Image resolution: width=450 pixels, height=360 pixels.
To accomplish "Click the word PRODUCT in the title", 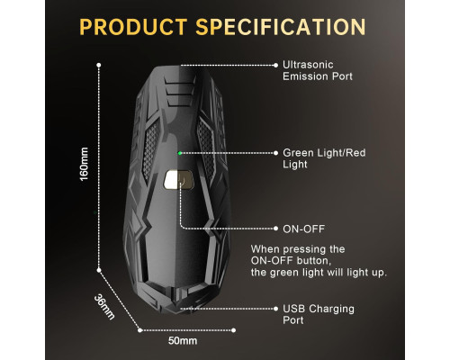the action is tap(133, 27).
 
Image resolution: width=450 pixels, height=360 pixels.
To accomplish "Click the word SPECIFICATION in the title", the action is tap(281, 27).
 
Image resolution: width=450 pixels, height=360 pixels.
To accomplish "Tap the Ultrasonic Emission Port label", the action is tap(318, 70).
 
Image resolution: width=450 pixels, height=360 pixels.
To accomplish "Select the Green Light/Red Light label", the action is tap(324, 158).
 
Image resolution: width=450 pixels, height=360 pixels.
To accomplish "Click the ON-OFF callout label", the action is tap(303, 229).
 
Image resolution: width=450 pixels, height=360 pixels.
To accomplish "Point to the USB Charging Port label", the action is tap(319, 314).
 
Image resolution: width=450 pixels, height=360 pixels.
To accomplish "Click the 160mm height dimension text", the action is tap(84, 164).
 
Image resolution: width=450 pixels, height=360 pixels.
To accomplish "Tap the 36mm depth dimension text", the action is tap(104, 307).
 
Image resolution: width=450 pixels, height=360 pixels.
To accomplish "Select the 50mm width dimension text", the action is tap(183, 341).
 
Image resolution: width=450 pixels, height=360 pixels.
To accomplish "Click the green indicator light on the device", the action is tap(180, 153).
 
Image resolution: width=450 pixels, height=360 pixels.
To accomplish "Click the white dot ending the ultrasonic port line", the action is tap(276, 65).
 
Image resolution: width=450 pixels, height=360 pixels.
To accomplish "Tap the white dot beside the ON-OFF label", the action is tap(276, 229).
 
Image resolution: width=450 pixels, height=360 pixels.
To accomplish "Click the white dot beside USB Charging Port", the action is tap(276, 309).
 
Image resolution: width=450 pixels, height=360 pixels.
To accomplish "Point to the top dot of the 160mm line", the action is tap(99, 65).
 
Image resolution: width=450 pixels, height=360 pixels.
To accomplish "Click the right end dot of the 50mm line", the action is tap(233, 330).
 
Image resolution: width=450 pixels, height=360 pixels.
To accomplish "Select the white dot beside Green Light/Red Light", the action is tap(276, 153).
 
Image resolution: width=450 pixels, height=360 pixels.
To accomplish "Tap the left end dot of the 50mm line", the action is tap(139, 330).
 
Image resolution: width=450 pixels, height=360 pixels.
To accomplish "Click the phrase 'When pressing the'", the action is tap(298, 249).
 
